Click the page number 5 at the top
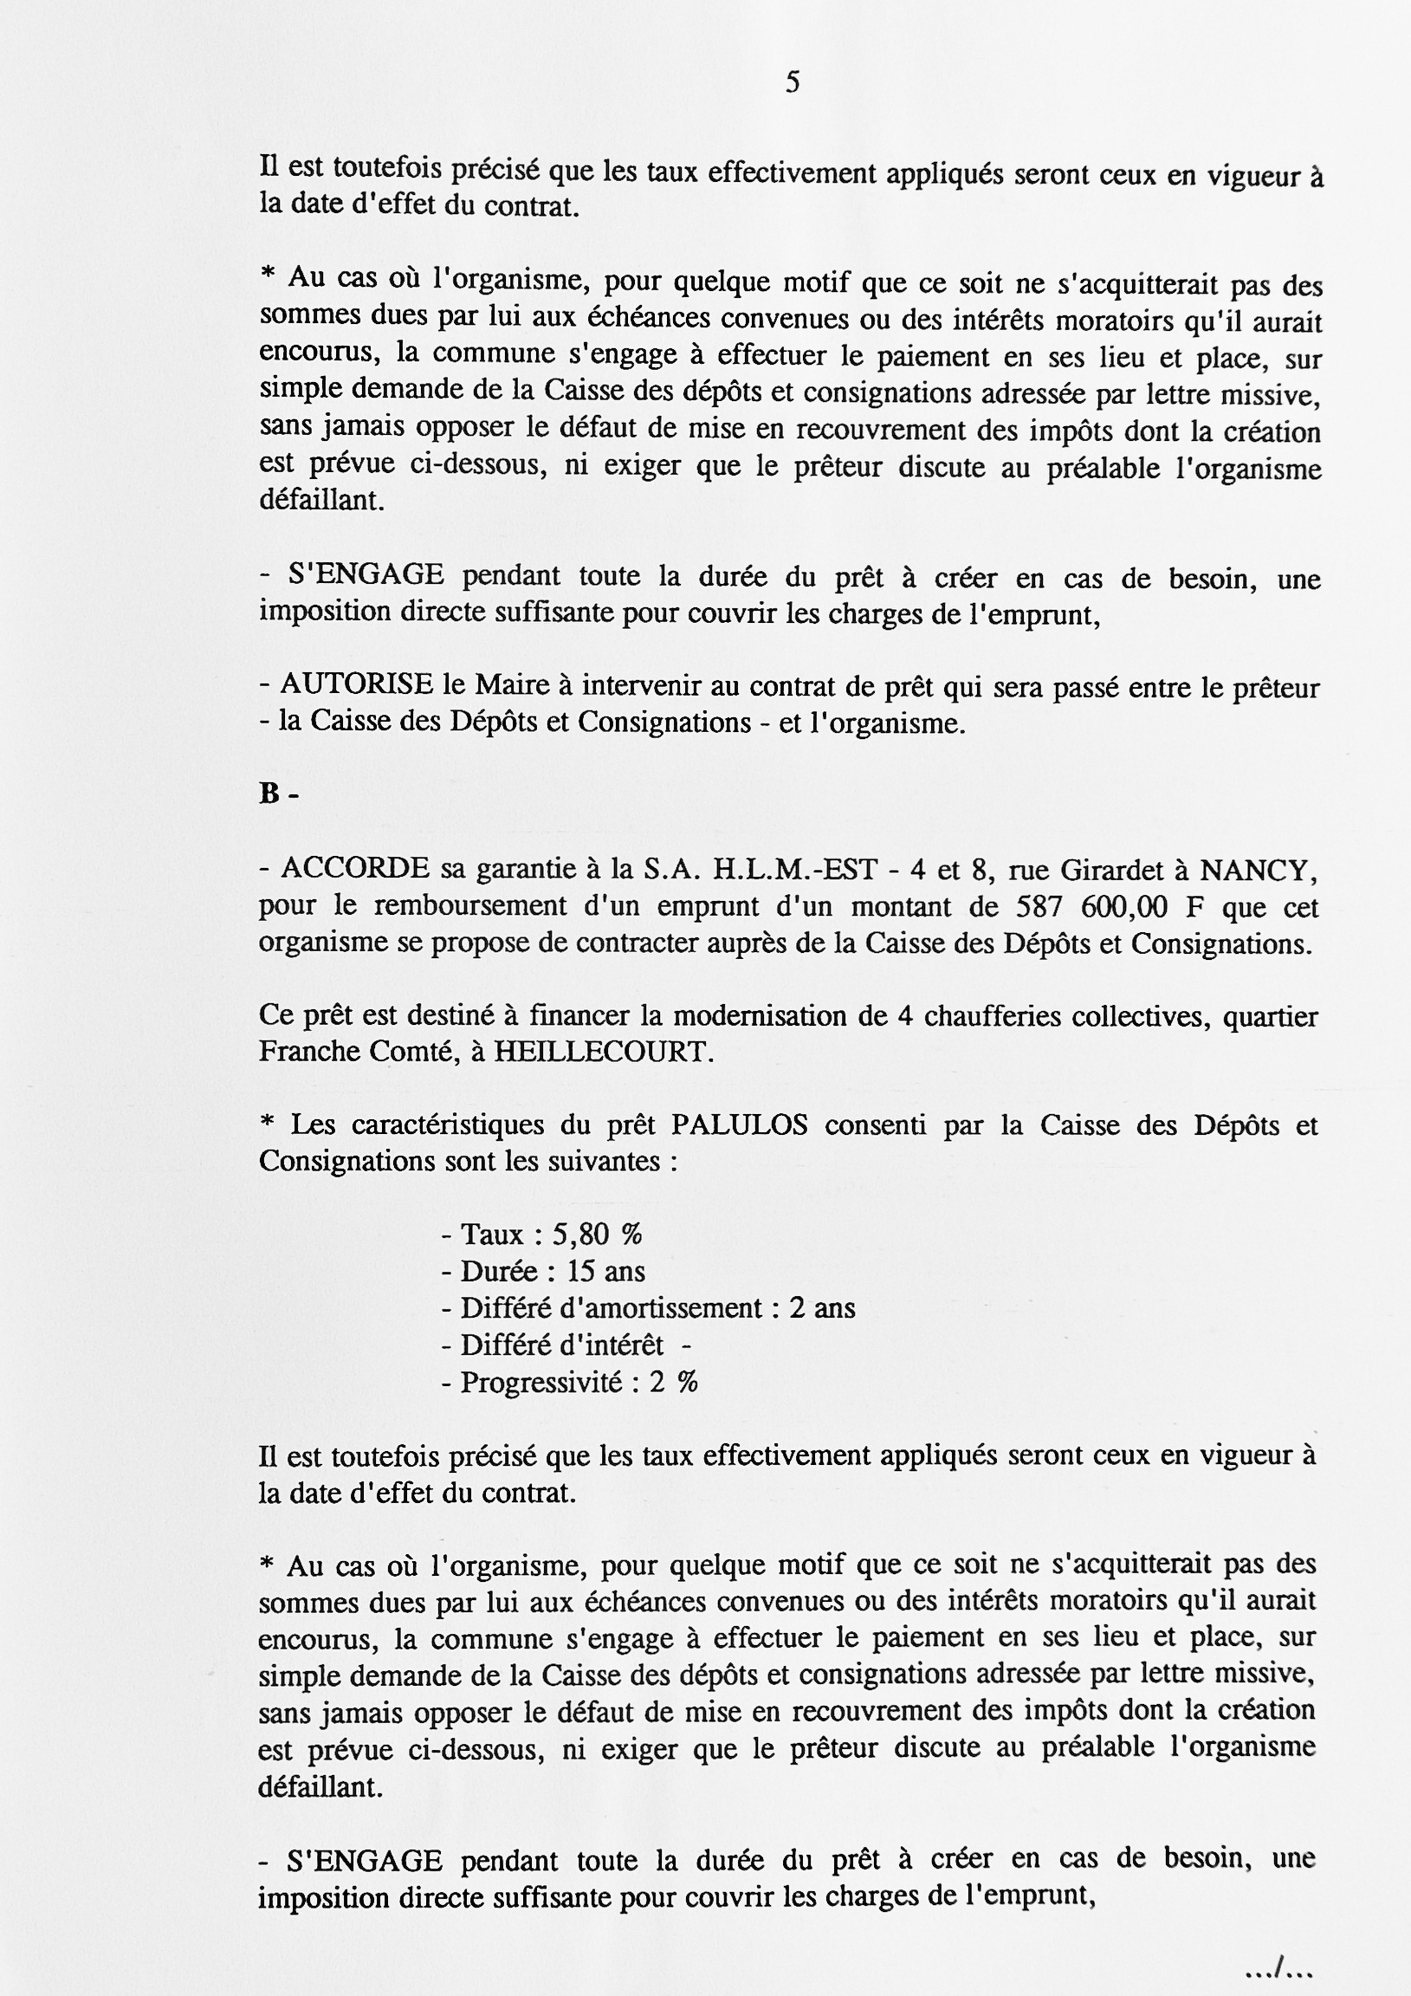[x=792, y=82]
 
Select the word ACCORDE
[x=355, y=867]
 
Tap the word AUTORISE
[x=357, y=685]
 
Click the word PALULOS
[x=739, y=1125]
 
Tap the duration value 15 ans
[x=605, y=1271]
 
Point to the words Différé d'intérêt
[x=561, y=1345]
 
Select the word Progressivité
[x=541, y=1382]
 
